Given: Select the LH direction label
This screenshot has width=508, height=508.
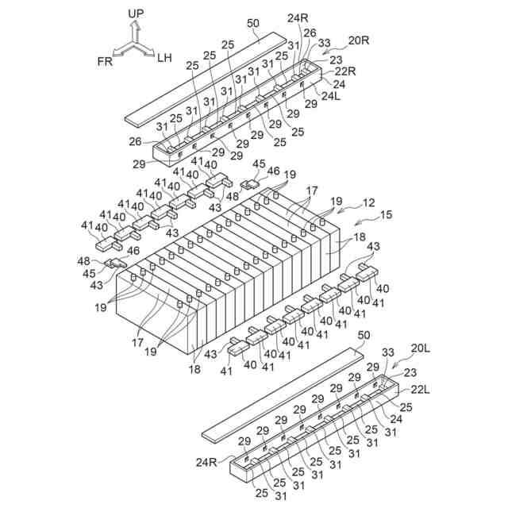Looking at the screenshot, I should tap(164, 57).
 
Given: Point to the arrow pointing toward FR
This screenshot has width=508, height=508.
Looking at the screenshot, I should tap(121, 51).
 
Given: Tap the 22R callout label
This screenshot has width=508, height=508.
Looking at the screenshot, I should tap(344, 70).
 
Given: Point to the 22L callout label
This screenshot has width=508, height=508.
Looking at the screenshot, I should tap(420, 390).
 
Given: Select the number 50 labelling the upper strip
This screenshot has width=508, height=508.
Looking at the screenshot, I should tap(252, 24).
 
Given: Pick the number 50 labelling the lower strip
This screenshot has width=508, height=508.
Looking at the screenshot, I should tap(364, 337).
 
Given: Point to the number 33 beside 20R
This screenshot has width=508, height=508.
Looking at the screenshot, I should tap(324, 43).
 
